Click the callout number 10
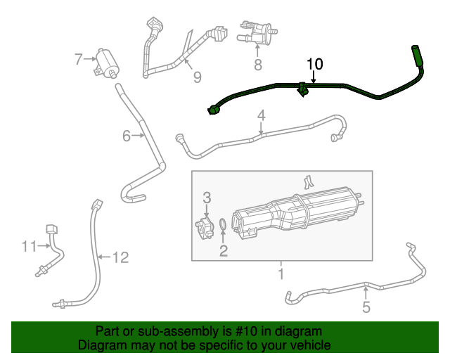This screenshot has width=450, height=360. pos(314,64)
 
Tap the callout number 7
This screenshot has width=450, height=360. pos(79,60)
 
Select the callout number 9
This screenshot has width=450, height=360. pos(197,77)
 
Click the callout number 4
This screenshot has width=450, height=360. pos(261,115)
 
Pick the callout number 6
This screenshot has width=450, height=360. pos(127,136)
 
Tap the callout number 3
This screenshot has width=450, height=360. pos(207,196)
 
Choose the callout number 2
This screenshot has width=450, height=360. pos(224,250)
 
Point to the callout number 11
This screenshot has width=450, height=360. pos(28,246)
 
